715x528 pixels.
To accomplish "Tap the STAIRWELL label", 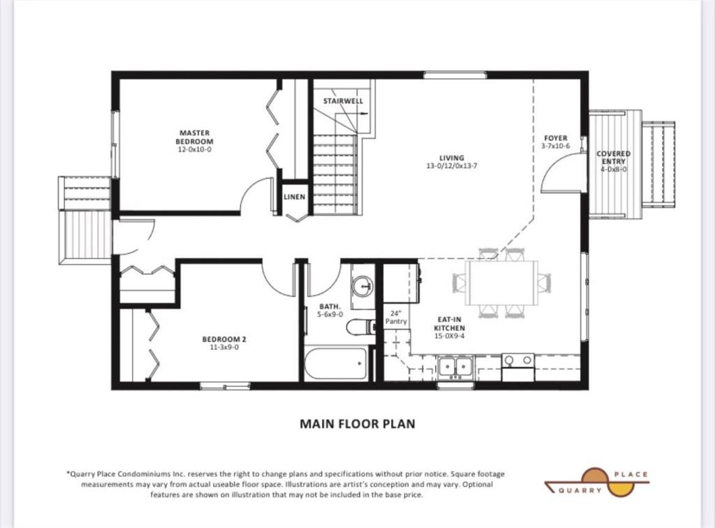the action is tap(343, 101).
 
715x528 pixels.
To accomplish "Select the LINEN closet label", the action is tap(294, 197).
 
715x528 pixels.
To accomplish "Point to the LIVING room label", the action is tap(452, 159).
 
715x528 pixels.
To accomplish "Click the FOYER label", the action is tap(555, 138).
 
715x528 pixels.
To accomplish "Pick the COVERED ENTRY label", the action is tap(613, 157).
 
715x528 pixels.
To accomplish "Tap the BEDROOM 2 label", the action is tap(224, 339).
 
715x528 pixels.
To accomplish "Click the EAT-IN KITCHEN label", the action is tap(450, 324).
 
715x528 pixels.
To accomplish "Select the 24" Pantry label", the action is tap(396, 317).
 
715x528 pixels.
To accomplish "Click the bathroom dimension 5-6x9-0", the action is tap(330, 314).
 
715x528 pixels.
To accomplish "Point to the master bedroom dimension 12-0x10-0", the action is tap(195, 149).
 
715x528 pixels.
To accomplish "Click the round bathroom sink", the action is tap(362, 286).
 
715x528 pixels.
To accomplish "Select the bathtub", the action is tap(336, 363).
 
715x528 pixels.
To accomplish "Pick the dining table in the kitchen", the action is tap(501, 283).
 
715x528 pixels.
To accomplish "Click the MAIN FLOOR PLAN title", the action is tap(357, 423).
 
